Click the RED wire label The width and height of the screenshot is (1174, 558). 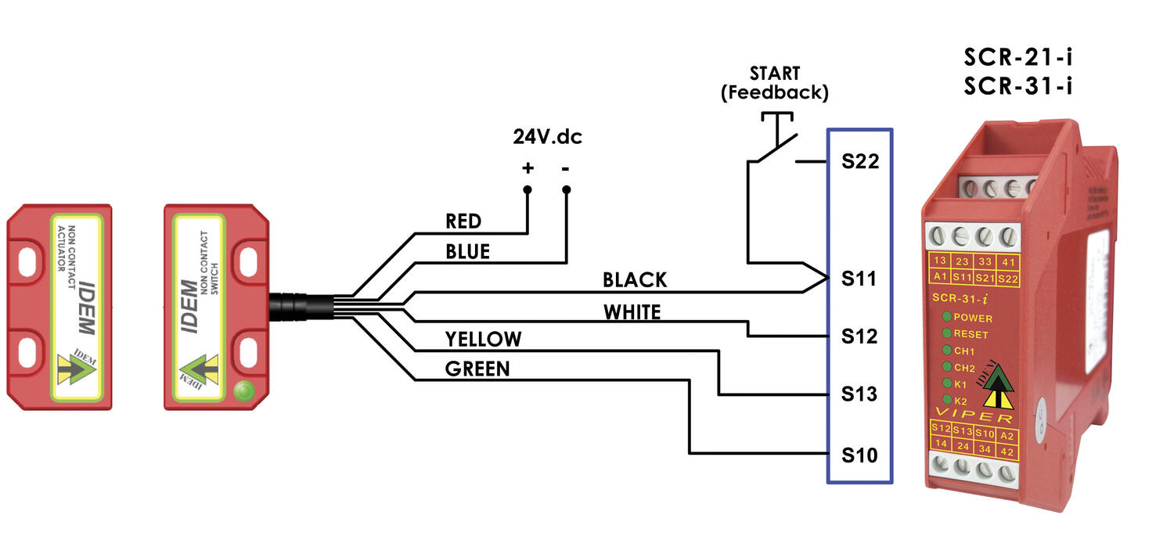click(x=463, y=221)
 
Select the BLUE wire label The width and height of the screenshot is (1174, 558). click(x=467, y=251)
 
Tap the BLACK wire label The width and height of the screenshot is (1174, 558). click(x=635, y=279)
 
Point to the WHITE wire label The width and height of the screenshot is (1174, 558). click(x=632, y=312)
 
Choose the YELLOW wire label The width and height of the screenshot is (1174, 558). click(x=483, y=339)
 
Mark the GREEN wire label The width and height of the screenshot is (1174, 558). click(x=477, y=369)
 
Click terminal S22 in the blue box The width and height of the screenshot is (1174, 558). click(x=860, y=162)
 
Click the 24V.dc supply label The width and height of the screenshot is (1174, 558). click(x=548, y=137)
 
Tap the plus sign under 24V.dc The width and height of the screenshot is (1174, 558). click(x=528, y=167)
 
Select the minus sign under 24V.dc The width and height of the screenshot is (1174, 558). click(x=566, y=167)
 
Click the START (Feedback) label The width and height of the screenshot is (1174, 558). click(x=774, y=82)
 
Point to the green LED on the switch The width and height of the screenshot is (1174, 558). click(x=245, y=389)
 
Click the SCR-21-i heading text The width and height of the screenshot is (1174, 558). click(x=1017, y=58)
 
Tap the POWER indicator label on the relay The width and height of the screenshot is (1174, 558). click(x=973, y=319)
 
